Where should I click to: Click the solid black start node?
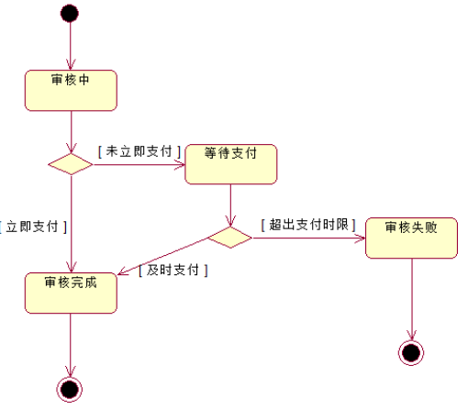(x=69, y=13)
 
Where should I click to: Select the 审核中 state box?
(x=71, y=90)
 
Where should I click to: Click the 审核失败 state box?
(x=410, y=238)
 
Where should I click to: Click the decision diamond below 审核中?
(x=71, y=164)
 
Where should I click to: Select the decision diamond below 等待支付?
(x=229, y=238)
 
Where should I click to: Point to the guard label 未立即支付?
(x=139, y=150)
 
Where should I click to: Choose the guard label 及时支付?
(x=173, y=271)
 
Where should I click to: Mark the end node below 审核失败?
(x=411, y=352)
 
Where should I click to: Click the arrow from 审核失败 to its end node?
(x=411, y=298)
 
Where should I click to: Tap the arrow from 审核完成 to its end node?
(x=71, y=344)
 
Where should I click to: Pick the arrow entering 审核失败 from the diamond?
(x=307, y=238)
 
